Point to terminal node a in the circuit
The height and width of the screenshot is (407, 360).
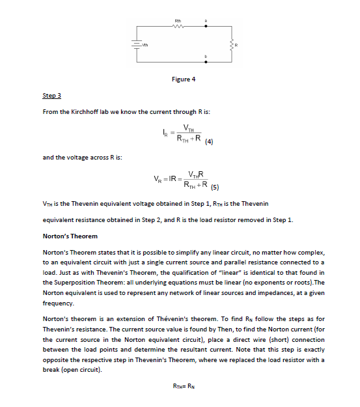click(x=206, y=21)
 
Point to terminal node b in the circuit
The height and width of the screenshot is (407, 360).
click(x=206, y=57)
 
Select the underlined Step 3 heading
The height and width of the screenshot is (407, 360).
click(x=51, y=96)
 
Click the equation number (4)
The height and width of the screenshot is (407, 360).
click(x=209, y=141)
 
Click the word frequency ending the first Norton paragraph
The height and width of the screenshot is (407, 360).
click(x=59, y=303)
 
